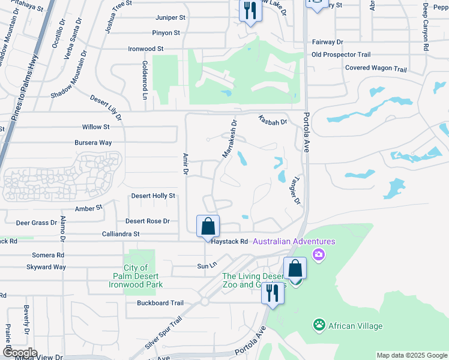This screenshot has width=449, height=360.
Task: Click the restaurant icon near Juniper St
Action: pos(250,11)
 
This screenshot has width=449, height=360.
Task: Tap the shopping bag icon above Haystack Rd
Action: pos(208,227)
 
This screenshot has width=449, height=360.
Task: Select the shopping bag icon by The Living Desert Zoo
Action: pos(295,268)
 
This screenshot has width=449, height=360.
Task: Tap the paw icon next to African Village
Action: pos(319,326)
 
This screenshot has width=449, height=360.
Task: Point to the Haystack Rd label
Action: pos(228,241)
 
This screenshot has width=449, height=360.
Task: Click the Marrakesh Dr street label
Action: pos(230,139)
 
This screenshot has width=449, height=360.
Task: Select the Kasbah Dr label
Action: pos(273,120)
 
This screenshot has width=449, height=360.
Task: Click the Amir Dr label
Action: pos(185,164)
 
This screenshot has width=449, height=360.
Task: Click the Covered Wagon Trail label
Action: pos(376,68)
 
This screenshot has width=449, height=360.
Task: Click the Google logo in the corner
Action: pos(19,353)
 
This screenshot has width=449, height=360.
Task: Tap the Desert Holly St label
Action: pos(153,196)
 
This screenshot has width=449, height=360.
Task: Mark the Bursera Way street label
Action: pos(93,143)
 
